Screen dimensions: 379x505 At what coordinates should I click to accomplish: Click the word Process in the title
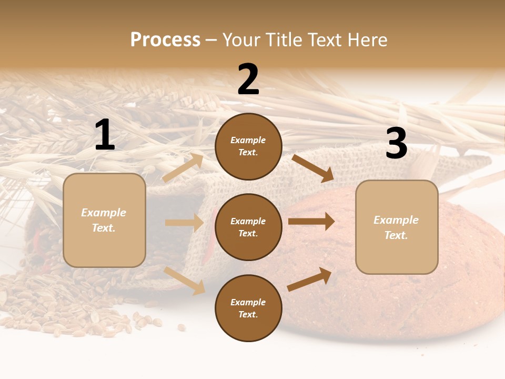coord(165,40)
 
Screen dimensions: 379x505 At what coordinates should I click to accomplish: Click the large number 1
coord(105,136)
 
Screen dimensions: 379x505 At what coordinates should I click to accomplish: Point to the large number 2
coord(248,80)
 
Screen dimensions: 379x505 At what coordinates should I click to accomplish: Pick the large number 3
coord(396,144)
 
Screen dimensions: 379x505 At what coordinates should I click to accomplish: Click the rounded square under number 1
coord(104,220)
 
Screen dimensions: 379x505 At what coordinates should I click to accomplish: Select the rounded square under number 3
coord(397,227)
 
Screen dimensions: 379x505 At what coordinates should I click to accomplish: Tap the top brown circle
coord(248,146)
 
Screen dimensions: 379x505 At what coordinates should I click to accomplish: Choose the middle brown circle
coord(248,227)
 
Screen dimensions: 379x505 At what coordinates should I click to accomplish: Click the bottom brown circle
coord(248,308)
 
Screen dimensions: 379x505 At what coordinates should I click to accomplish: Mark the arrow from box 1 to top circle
coord(183,168)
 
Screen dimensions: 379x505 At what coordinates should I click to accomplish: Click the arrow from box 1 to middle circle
coord(184,223)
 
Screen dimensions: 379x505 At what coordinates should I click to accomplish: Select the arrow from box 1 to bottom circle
coord(185,281)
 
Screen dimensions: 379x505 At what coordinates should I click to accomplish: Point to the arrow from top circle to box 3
coord(312,168)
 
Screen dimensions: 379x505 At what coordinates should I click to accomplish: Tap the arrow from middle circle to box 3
coord(311,221)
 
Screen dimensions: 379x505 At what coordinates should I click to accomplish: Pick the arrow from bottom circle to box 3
coord(309,279)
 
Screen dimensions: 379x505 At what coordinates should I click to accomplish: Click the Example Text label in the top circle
coord(248,146)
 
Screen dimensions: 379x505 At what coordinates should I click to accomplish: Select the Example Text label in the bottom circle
coord(248,308)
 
